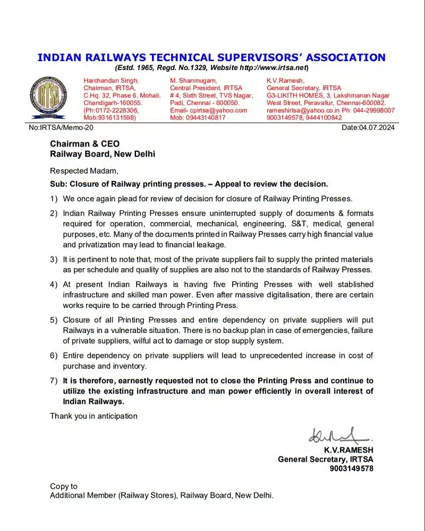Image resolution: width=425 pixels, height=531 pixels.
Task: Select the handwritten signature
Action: pos(339,436)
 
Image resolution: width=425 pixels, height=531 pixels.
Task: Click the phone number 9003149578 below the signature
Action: pos(351,469)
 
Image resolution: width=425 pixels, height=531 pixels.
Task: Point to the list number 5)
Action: pos(54,321)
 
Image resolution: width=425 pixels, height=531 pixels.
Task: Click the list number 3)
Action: pos(54,259)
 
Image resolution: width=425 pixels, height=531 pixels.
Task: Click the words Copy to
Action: pos(64,486)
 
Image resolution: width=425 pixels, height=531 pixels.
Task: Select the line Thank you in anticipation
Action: pos(93,416)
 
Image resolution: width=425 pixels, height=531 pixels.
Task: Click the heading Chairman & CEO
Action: pos(85,144)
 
